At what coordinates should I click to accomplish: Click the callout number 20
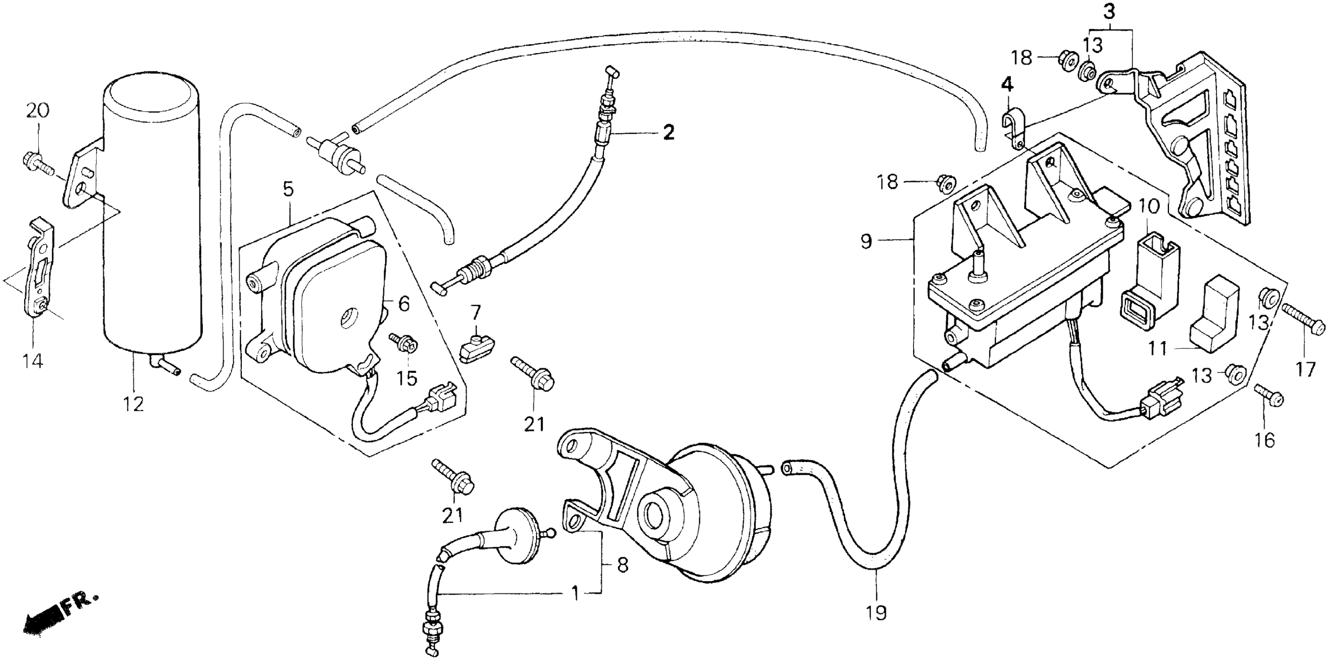pos(37,111)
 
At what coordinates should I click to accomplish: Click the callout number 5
pos(288,189)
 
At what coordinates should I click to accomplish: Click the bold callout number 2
pos(668,133)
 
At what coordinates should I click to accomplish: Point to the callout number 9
pos(866,241)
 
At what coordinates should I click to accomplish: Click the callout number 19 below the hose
pos(876,612)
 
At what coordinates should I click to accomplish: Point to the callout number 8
pos(622,566)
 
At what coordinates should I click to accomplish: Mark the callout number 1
pos(575,594)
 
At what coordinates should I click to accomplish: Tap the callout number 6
pos(404,304)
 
